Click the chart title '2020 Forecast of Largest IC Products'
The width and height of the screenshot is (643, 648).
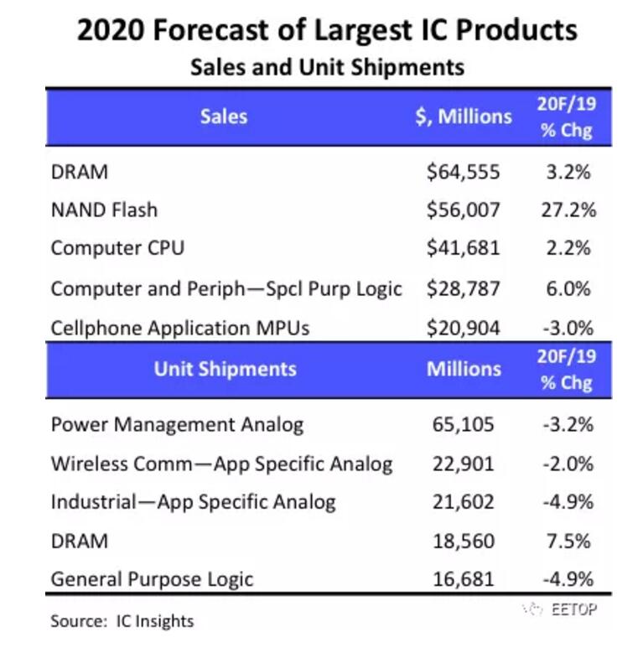point(327,31)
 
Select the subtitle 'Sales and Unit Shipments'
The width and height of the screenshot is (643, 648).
point(327,66)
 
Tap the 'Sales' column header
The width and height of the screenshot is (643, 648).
point(223,116)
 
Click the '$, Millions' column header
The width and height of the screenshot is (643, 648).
point(463,117)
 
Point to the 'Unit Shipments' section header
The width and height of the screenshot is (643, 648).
point(225,369)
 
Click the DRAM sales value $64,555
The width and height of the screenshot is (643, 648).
point(463,173)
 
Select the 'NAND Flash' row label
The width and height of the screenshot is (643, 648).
point(104,210)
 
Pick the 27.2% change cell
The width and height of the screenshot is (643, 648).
point(567,210)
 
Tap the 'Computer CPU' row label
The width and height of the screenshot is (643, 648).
point(117,248)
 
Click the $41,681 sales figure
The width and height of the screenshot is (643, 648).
point(463,248)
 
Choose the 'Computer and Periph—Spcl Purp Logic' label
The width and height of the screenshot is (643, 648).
point(226,288)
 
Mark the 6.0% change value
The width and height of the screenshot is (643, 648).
point(567,288)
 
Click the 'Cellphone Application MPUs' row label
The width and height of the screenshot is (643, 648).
point(180,328)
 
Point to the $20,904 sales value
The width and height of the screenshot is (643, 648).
point(463,328)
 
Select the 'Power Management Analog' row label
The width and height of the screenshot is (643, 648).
point(177,424)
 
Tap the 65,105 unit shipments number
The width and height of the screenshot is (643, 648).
point(463,424)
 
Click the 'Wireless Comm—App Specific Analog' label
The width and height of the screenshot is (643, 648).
point(221,464)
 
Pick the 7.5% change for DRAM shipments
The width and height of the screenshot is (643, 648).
point(567,541)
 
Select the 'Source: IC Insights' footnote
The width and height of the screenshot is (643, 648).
point(122,621)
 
